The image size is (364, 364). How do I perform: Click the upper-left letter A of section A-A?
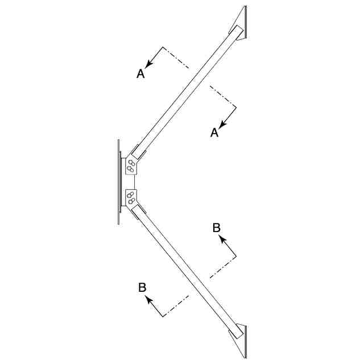point(141,73)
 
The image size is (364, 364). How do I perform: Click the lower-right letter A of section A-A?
point(214,133)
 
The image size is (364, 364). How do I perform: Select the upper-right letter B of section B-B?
point(217,227)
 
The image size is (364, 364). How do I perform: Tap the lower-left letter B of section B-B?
point(143,287)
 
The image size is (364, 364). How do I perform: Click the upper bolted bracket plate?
point(133,166)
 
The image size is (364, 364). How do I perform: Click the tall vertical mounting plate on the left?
point(118,181)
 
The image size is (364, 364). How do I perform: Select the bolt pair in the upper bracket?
point(131,166)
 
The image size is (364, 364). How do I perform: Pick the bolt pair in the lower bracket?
point(131,198)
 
